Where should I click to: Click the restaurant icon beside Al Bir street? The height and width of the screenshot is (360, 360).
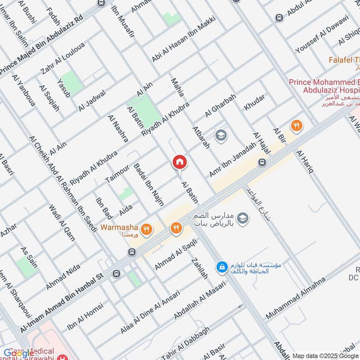(296, 126)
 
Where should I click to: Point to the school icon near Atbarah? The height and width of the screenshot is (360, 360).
(220, 135)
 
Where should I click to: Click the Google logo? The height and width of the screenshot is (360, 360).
(19, 353)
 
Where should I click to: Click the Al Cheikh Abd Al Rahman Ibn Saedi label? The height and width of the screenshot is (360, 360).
(63, 184)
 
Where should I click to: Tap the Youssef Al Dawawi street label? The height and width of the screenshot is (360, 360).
(322, 35)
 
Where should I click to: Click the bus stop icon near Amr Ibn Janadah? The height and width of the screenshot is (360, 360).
(261, 162)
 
